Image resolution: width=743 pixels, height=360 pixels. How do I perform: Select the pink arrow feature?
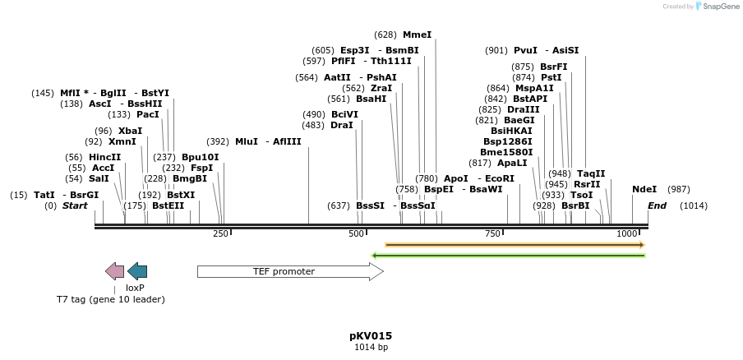click(x=115, y=271)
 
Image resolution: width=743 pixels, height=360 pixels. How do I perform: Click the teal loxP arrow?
click(x=137, y=271)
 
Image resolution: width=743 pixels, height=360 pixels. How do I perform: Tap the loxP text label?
click(x=135, y=288)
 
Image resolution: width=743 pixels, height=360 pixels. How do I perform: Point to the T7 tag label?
click(x=110, y=299)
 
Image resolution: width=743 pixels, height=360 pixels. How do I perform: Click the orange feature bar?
click(x=515, y=245)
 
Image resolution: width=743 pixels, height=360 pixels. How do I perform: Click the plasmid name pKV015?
click(x=371, y=335)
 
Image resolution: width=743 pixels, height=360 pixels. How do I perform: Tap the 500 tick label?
click(x=356, y=234)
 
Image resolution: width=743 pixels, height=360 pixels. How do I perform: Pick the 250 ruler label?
click(x=220, y=234)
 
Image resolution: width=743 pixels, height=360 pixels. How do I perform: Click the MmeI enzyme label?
click(x=417, y=35)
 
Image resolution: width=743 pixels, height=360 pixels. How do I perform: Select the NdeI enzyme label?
click(x=644, y=189)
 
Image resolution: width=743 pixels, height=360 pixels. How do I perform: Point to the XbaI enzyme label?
click(x=130, y=131)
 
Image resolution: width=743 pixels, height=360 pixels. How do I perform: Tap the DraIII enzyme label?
click(x=524, y=109)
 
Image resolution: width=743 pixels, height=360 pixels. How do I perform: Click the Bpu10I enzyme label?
click(x=201, y=157)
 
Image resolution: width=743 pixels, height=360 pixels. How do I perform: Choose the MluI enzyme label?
click(x=247, y=141)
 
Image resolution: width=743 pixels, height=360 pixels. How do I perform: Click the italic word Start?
click(x=75, y=205)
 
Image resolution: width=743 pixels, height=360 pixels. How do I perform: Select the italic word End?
click(x=657, y=205)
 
